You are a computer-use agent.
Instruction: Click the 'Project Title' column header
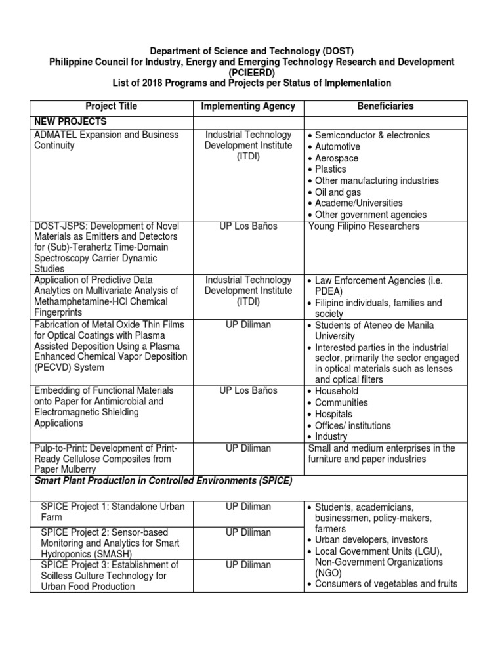click(x=111, y=106)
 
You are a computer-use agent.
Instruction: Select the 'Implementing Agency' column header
click(x=248, y=106)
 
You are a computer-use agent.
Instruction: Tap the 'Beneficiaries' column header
click(x=385, y=106)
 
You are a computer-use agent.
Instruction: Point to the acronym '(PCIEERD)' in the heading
click(x=251, y=72)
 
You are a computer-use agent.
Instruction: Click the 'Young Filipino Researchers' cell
click(x=364, y=226)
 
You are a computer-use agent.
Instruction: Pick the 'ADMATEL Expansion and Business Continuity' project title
click(x=104, y=140)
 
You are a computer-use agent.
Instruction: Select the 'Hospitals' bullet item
click(x=335, y=414)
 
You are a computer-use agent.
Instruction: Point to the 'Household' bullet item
click(x=337, y=391)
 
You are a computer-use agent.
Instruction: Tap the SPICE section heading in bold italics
click(x=161, y=482)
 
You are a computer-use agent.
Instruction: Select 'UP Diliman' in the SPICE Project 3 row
click(x=248, y=565)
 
